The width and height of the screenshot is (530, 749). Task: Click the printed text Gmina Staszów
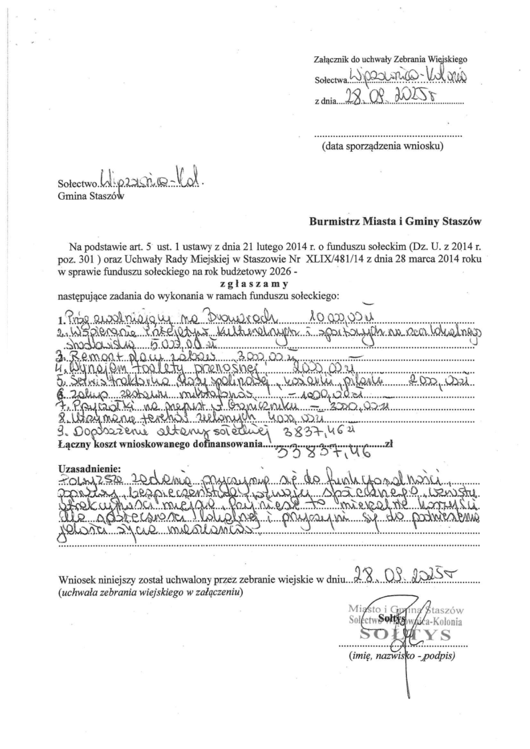[90, 196]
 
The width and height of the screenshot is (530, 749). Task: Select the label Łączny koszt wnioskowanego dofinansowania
[160, 444]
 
